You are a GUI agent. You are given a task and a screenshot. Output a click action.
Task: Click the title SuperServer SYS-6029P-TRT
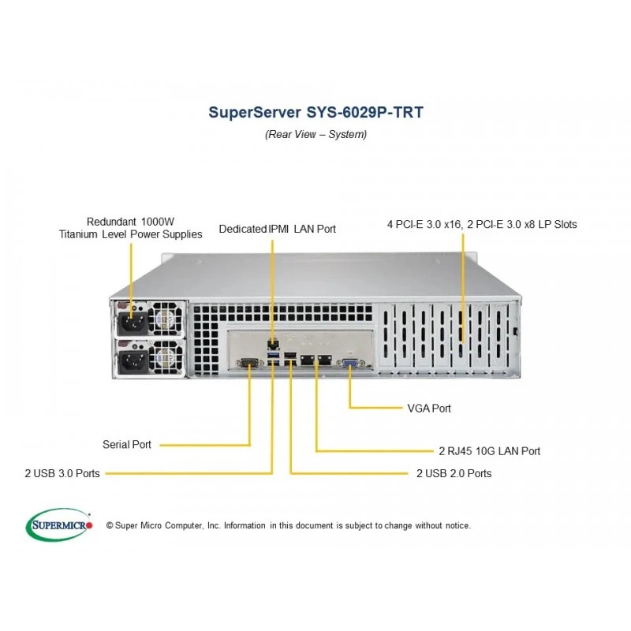[x=316, y=112]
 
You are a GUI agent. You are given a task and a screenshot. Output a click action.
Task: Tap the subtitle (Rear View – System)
[x=316, y=134]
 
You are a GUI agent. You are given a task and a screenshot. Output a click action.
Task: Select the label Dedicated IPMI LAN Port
[x=278, y=229]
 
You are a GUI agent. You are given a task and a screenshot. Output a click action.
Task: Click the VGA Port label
[x=429, y=409]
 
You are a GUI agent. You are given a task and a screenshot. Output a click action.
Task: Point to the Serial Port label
[x=127, y=445]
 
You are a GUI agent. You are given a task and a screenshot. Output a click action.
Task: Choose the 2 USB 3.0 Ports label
[x=62, y=473]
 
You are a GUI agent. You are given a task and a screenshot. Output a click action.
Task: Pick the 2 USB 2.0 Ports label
[x=454, y=473]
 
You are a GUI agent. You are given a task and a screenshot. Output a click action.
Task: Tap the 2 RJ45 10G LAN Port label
[x=489, y=451]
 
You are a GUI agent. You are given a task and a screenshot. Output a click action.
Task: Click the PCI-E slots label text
[x=482, y=224]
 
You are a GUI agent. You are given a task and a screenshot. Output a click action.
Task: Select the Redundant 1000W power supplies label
[x=130, y=228]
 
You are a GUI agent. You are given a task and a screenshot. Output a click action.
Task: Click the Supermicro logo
[x=59, y=525]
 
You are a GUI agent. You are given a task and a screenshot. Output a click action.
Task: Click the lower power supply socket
[x=132, y=361]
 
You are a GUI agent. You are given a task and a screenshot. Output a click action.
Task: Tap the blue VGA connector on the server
[x=349, y=364]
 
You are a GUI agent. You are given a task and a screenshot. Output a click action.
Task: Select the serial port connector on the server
[x=250, y=364]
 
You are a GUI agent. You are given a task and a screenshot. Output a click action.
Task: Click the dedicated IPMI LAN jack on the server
[x=273, y=344]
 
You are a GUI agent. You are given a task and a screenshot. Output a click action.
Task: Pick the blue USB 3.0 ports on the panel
[x=273, y=359]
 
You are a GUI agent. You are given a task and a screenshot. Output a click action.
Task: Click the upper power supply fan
[x=166, y=319]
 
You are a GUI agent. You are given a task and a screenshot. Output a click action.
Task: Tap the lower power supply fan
[x=166, y=357]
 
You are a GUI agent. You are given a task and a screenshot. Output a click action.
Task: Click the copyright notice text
[x=288, y=525]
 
